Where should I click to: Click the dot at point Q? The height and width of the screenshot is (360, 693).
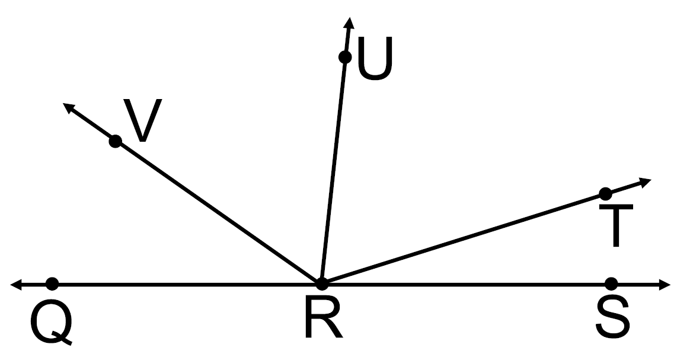(52, 284)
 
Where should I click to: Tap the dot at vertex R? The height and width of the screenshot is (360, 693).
(322, 283)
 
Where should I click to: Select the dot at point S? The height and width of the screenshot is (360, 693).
(612, 284)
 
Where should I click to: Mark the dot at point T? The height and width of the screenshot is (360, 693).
(605, 193)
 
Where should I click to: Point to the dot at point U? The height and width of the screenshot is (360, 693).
(344, 57)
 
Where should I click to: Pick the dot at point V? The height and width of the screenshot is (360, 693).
(116, 141)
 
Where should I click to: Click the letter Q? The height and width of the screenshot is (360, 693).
(52, 322)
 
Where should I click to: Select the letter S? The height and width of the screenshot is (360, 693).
(612, 318)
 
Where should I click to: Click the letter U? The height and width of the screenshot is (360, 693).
(375, 60)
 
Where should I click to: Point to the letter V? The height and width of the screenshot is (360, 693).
(142, 122)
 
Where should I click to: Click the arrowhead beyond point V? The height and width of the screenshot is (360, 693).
(68, 108)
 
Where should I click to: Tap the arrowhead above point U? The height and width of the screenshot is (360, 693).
(349, 23)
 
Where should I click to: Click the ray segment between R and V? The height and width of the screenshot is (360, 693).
(219, 212)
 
